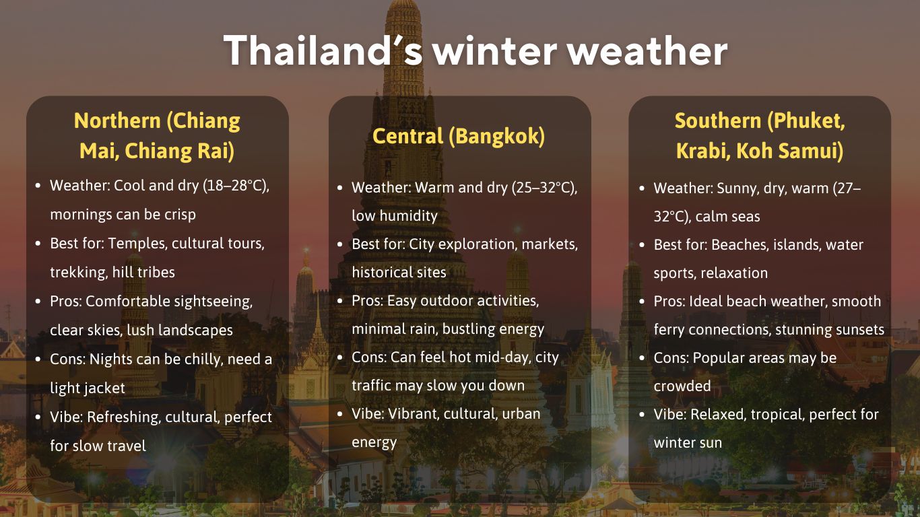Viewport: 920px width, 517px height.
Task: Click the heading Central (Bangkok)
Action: (x=459, y=136)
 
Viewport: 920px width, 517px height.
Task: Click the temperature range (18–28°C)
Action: (x=236, y=186)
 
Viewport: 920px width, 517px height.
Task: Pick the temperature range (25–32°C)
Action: (x=544, y=187)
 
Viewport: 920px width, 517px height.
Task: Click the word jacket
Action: (x=104, y=388)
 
